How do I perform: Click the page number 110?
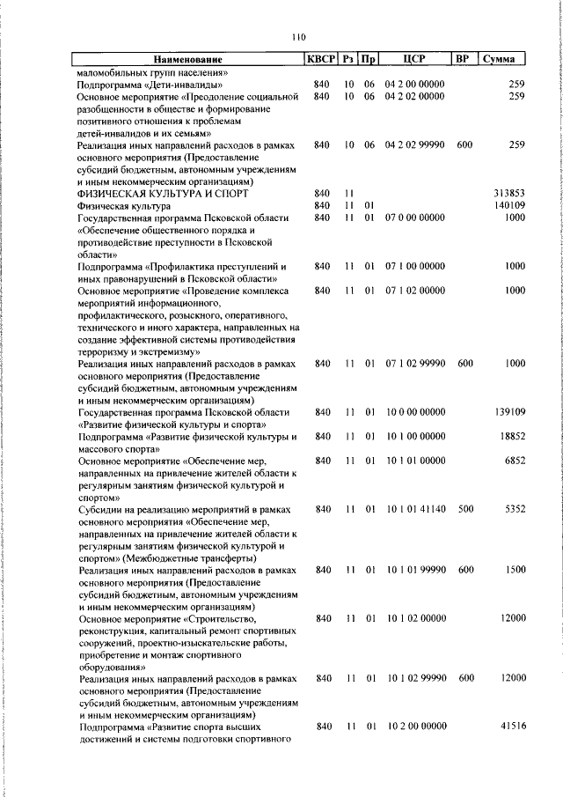click(x=298, y=37)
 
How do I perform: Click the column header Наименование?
click(x=186, y=59)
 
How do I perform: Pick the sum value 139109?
click(x=509, y=411)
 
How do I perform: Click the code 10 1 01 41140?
click(x=416, y=509)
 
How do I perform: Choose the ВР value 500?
click(x=465, y=509)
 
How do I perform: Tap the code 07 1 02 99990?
click(x=416, y=363)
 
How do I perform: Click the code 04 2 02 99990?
click(x=416, y=144)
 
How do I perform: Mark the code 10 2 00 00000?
click(x=416, y=727)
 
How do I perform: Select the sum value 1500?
click(x=515, y=570)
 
